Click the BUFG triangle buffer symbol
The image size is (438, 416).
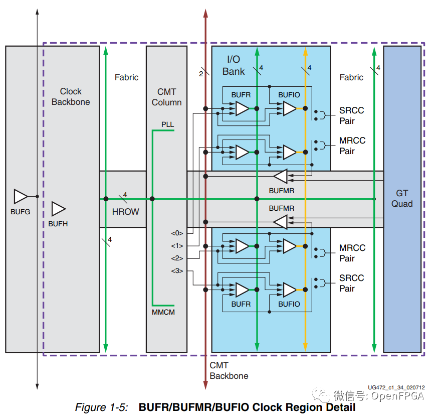[21, 196]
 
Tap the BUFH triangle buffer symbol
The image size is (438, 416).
[59, 209]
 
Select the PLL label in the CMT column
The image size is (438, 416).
[167, 124]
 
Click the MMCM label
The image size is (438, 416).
[163, 312]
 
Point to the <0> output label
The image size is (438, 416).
[177, 233]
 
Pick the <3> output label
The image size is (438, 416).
[177, 271]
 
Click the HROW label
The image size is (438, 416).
[125, 212]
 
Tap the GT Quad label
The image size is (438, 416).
[402, 198]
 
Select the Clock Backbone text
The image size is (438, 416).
[71, 96]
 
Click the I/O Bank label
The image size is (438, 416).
[234, 65]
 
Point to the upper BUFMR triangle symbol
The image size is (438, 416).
[280, 177]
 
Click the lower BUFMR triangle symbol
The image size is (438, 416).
[280, 222]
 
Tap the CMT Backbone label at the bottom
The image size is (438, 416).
[229, 371]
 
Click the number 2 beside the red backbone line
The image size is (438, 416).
[201, 74]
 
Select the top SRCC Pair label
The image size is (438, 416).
[352, 115]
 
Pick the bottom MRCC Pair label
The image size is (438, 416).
[352, 253]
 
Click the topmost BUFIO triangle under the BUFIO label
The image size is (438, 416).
[290, 108]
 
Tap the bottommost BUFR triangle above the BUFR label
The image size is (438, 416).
[242, 290]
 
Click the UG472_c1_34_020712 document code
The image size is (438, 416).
[396, 387]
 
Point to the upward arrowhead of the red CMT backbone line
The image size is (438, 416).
[205, 13]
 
